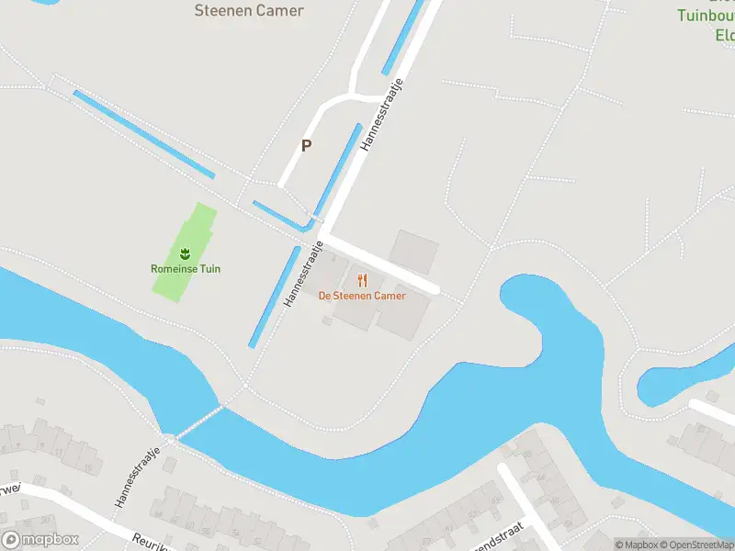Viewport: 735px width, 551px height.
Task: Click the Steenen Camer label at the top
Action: (248, 11)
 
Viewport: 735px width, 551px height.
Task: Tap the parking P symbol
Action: (306, 145)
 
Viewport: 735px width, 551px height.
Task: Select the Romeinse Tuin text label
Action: (186, 269)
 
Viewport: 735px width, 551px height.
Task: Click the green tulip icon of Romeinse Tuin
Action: (185, 252)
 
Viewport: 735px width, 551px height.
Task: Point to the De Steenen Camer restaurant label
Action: (361, 296)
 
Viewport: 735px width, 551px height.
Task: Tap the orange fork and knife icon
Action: (362, 280)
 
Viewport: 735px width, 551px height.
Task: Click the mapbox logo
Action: (40, 540)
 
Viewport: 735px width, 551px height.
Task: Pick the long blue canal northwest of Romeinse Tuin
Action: (143, 134)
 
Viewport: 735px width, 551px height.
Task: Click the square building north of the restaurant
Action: (414, 250)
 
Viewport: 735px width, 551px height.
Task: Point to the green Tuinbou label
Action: (706, 16)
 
